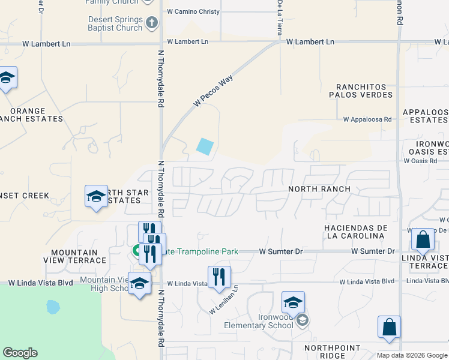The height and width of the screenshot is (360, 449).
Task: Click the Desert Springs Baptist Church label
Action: click(115, 23)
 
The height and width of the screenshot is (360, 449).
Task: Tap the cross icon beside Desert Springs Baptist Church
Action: click(152, 23)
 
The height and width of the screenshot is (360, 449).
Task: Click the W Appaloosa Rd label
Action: click(367, 119)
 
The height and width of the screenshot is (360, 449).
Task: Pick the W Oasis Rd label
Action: click(420, 161)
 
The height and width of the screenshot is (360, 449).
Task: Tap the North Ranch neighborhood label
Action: click(319, 189)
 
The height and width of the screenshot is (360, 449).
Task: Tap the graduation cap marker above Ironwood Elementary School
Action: click(293, 302)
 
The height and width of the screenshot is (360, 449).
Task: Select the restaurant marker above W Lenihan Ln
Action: click(219, 277)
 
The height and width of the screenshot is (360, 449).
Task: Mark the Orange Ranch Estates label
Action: click(35, 115)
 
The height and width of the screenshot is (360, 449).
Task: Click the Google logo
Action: click(20, 353)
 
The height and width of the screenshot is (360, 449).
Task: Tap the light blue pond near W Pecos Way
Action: click(205, 146)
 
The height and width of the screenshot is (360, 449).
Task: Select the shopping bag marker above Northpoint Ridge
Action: click(389, 328)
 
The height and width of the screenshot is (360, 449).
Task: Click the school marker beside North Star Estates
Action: click(96, 196)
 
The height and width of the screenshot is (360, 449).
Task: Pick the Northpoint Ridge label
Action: click(333, 352)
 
